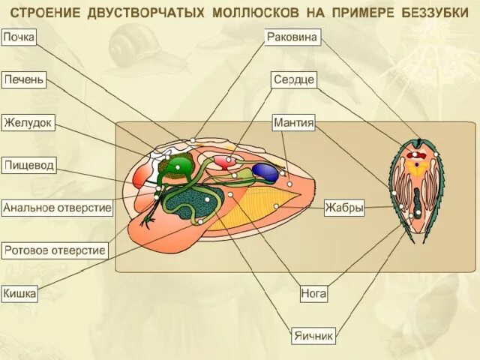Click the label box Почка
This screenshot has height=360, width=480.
[19, 37]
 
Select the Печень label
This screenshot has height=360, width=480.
[24, 80]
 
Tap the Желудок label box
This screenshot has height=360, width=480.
[28, 123]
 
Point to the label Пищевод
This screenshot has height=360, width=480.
[29, 165]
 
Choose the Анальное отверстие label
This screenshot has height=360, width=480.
[57, 208]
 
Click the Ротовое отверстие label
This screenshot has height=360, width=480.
[55, 250]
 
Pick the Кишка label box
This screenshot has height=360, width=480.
[19, 293]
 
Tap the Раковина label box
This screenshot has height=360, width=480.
[292, 37]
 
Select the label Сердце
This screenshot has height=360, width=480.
[294, 80]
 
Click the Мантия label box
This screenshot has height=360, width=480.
[294, 123]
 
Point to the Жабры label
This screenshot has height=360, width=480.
[344, 208]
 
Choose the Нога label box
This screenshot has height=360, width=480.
[313, 293]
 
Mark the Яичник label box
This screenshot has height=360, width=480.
[313, 336]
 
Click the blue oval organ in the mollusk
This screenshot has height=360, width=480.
[265, 172]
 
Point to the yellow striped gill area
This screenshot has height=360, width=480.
[254, 208]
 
